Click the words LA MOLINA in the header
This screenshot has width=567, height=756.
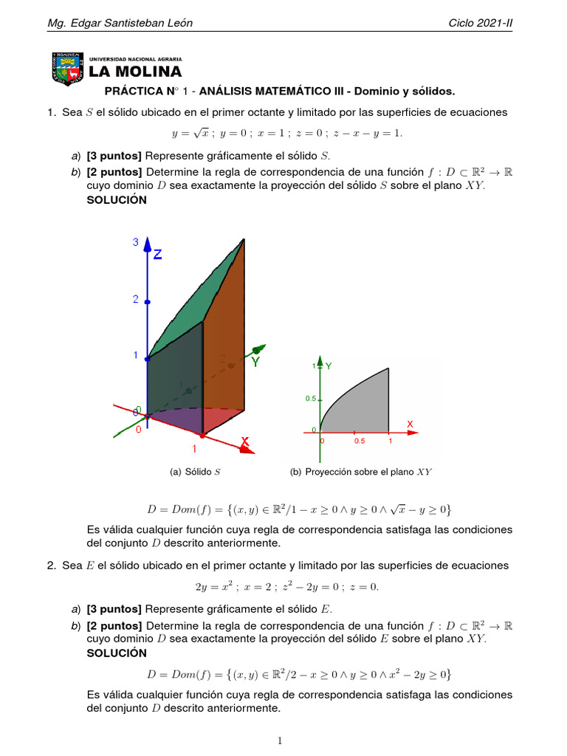pyautogui.click(x=135, y=72)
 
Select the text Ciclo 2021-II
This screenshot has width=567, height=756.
pyautogui.click(x=480, y=23)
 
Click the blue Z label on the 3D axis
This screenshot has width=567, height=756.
pyautogui.click(x=157, y=255)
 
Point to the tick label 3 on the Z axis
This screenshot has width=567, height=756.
pyautogui.click(x=136, y=242)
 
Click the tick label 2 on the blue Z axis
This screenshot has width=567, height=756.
pyautogui.click(x=136, y=299)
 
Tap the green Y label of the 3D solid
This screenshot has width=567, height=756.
pyautogui.click(x=255, y=362)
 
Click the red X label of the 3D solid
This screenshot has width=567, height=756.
pyautogui.click(x=244, y=442)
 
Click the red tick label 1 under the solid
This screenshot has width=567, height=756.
pyautogui.click(x=196, y=448)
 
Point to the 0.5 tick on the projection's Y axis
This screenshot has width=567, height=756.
pyautogui.click(x=312, y=399)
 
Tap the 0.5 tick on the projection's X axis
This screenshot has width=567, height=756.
pyautogui.click(x=359, y=441)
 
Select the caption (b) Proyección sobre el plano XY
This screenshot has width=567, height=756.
pyautogui.click(x=361, y=472)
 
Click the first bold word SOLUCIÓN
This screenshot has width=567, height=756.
pyautogui.click(x=117, y=200)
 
